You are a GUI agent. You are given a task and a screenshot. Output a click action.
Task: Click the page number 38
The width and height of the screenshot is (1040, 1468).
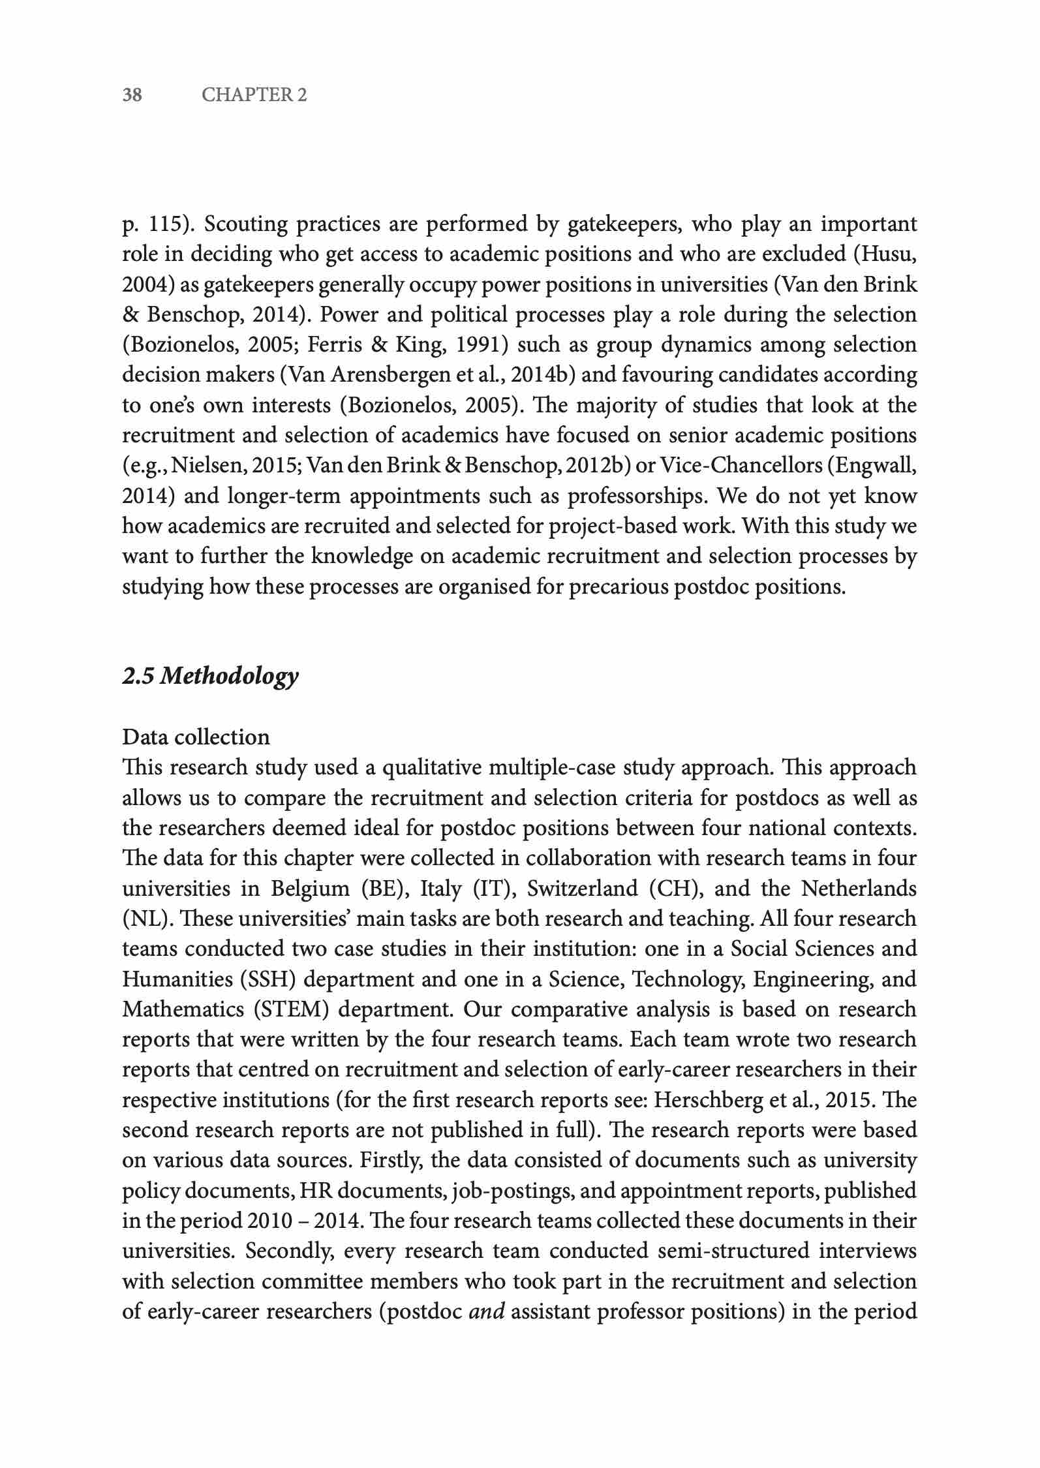(132, 95)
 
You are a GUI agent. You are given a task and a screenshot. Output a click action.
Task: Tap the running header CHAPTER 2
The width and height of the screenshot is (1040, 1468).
(254, 95)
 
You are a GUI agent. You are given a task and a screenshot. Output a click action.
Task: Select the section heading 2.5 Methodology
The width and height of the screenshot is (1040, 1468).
(210, 676)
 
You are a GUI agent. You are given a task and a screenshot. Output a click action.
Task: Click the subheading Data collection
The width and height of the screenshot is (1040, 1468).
(196, 737)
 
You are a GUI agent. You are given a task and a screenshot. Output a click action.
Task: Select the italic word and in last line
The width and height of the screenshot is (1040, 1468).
(487, 1311)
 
